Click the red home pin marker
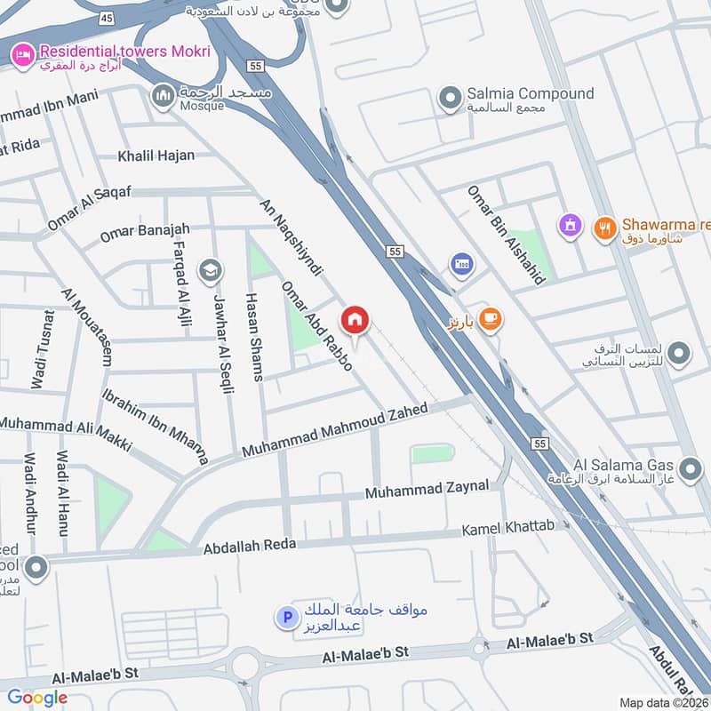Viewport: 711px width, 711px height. (355, 320)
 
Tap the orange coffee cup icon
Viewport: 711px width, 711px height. (490, 319)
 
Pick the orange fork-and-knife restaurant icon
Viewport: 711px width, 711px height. (605, 227)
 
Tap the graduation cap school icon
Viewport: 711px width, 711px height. (211, 271)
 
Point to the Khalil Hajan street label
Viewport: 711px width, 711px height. (156, 156)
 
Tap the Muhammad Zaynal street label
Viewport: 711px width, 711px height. (427, 489)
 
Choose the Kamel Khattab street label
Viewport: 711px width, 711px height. (507, 530)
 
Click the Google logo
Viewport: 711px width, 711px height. (37, 698)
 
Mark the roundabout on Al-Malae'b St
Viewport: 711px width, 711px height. (252, 663)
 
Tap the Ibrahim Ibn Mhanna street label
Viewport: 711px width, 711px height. (156, 426)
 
